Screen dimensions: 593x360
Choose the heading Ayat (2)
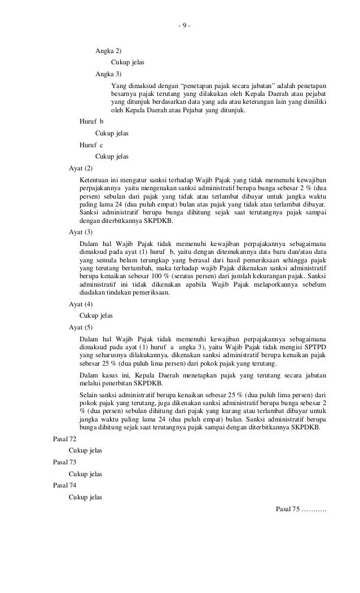click(x=81, y=168)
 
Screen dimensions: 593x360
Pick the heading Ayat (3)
click(x=81, y=232)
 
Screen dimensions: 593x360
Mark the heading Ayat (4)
click(x=81, y=305)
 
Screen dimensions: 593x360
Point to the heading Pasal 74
click(x=64, y=485)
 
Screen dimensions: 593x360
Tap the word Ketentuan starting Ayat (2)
click(x=95, y=179)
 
